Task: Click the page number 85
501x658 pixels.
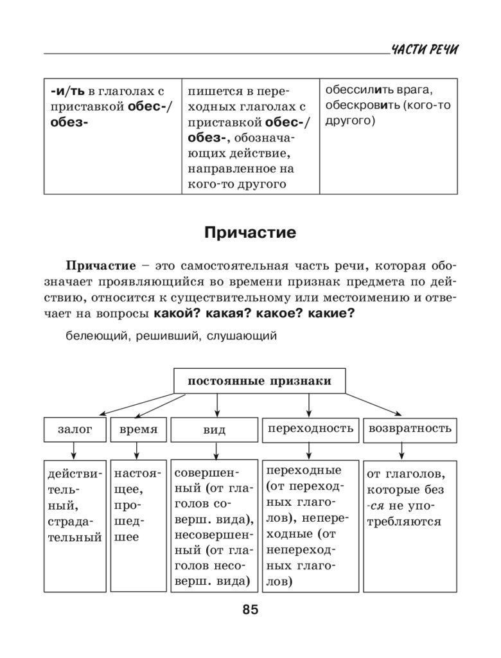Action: coord(250,610)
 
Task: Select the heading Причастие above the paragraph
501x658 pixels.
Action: coord(250,233)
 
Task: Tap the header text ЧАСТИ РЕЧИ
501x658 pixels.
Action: coord(425,50)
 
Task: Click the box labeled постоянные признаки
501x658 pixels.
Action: coord(259,381)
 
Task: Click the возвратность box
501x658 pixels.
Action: coord(410,429)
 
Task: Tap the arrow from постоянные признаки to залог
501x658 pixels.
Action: coord(128,405)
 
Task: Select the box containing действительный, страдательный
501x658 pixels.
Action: coord(75,524)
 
